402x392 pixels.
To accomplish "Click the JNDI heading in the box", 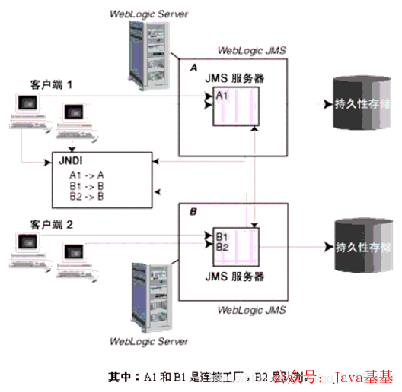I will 72,161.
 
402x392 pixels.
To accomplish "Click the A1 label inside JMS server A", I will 222,96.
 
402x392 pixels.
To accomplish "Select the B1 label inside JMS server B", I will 222,236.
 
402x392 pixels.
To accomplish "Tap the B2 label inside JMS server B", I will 222,246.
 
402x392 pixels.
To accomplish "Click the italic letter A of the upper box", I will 193,68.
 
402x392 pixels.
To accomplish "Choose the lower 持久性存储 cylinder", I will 357,247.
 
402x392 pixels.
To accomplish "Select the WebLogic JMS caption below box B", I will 251,310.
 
